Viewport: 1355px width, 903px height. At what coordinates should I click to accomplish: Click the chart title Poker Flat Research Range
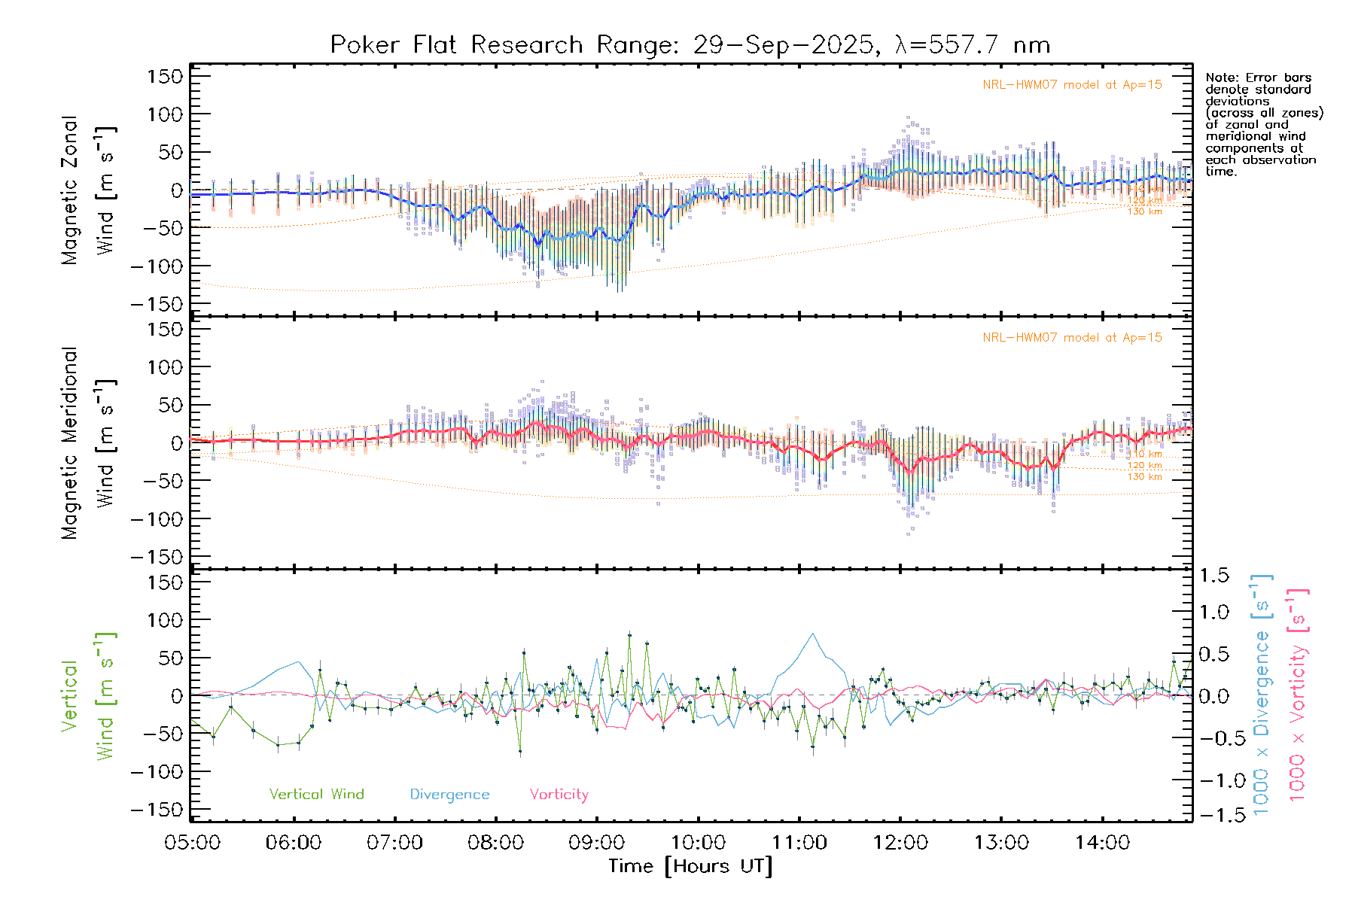tap(690, 45)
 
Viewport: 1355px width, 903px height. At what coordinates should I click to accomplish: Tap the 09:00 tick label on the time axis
tap(596, 843)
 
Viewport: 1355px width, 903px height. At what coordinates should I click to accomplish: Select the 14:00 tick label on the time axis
tap(1102, 843)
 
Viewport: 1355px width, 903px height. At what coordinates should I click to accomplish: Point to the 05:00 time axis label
tap(192, 843)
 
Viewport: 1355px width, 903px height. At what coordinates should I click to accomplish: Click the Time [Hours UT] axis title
tap(690, 867)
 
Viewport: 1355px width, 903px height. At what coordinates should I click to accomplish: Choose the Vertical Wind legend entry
tap(316, 795)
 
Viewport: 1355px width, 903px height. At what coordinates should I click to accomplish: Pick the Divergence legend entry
tap(449, 795)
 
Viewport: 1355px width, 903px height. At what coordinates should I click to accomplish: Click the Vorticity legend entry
tap(559, 795)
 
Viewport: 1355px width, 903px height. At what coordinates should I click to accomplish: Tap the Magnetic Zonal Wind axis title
tap(88, 190)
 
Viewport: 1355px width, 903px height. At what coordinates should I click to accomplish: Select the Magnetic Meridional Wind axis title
tap(88, 442)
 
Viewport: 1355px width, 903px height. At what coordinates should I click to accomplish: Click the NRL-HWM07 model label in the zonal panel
tap(1072, 85)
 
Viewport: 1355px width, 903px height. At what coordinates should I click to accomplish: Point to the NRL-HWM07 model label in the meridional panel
tap(1072, 338)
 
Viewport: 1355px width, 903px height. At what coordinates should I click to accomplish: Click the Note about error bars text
tap(1263, 124)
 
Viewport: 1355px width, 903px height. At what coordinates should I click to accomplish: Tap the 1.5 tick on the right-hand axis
tap(1213, 576)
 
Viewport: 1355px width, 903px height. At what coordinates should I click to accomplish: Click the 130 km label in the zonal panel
tap(1144, 212)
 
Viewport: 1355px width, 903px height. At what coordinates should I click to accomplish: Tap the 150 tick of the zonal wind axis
tap(166, 77)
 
